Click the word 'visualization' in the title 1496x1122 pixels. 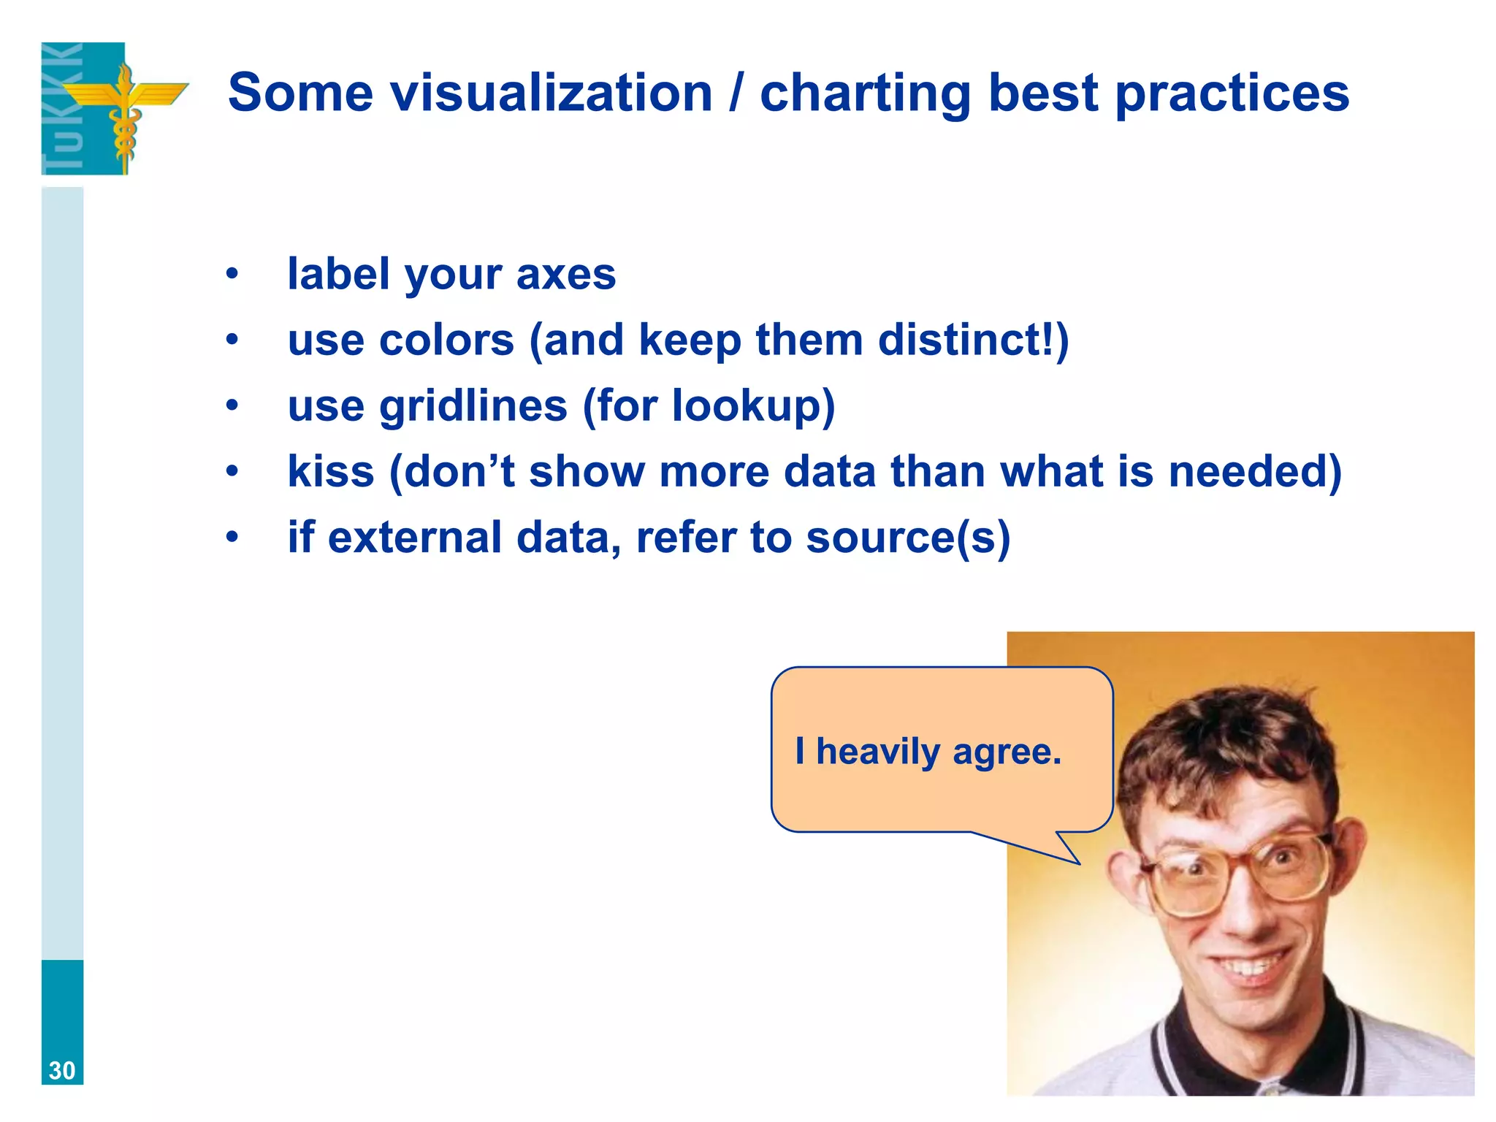pyautogui.click(x=551, y=93)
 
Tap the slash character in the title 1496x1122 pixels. pyautogui.click(x=736, y=93)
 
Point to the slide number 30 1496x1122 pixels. pyautogui.click(x=62, y=1070)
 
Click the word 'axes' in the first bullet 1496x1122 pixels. pyautogui.click(x=566, y=275)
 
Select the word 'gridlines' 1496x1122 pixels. pyautogui.click(x=473, y=406)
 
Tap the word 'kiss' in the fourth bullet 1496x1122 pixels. pyautogui.click(x=330, y=472)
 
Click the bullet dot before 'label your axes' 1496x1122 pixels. pyautogui.click(x=232, y=275)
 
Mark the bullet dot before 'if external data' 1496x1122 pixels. pyautogui.click(x=232, y=538)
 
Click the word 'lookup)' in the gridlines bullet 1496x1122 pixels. pyautogui.click(x=753, y=406)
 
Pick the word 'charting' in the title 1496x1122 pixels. pyautogui.click(x=865, y=93)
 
